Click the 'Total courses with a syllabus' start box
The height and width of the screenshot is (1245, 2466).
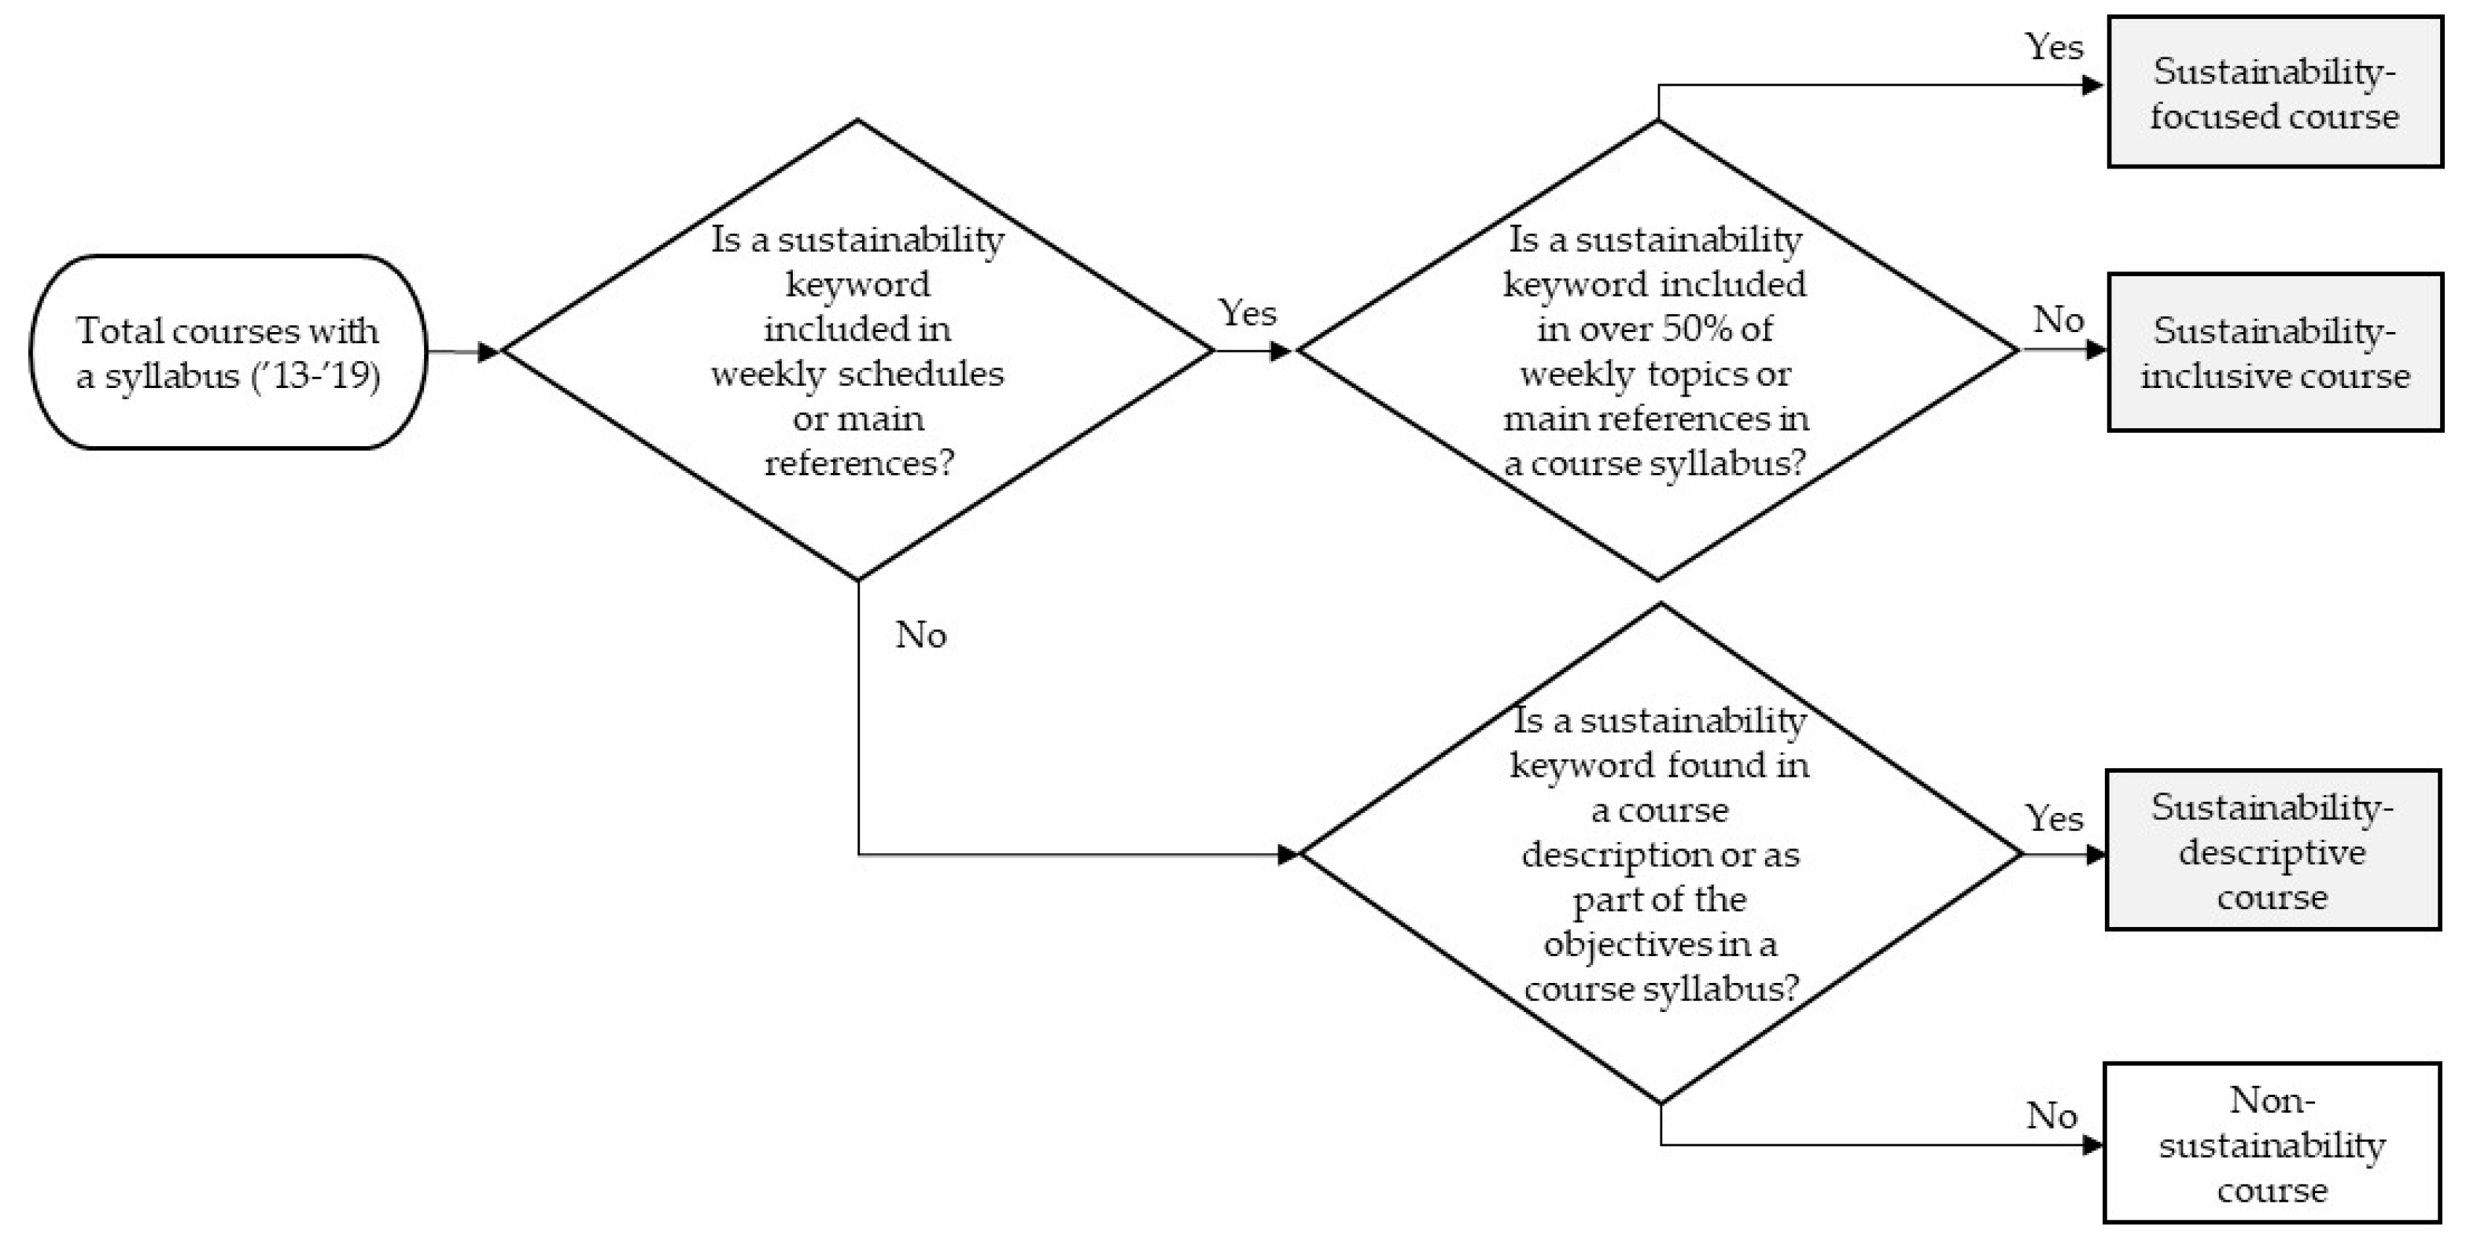pyautogui.click(x=228, y=352)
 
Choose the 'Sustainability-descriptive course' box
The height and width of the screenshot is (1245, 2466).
pyautogui.click(x=2272, y=851)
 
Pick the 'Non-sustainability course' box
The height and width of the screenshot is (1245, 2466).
pyautogui.click(x=2271, y=1143)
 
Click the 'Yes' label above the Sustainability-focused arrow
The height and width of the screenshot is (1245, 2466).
pyautogui.click(x=2053, y=46)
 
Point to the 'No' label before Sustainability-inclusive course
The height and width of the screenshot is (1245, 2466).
pyautogui.click(x=2059, y=319)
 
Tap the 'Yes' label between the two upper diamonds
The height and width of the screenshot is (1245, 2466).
pyautogui.click(x=1247, y=312)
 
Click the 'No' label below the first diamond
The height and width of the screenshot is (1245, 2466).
pyautogui.click(x=920, y=634)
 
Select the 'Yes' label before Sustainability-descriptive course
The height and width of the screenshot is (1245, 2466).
pyautogui.click(x=2053, y=818)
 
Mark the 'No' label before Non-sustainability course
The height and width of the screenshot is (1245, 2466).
pyautogui.click(x=2051, y=1114)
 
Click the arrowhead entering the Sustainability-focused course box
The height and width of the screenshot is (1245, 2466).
pyautogui.click(x=2092, y=85)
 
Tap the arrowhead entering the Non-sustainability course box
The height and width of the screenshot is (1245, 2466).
pyautogui.click(x=2092, y=1144)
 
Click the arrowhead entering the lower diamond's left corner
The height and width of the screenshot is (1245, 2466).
pyautogui.click(x=1288, y=854)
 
